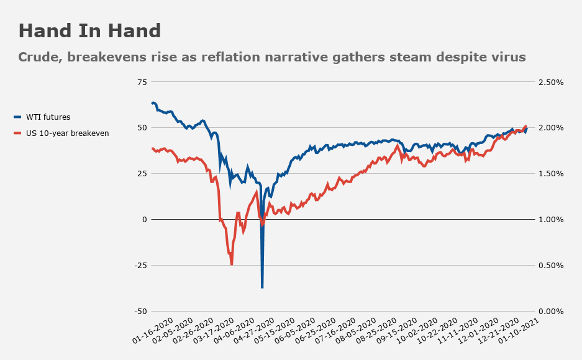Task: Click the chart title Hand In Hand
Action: (x=89, y=31)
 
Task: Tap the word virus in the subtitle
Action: (x=506, y=57)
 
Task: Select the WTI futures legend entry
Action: (x=48, y=117)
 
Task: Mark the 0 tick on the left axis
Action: (x=143, y=220)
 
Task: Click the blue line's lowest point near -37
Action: (x=262, y=287)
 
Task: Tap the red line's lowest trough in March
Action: (x=232, y=264)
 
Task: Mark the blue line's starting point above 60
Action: (x=153, y=102)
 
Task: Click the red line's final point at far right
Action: (x=526, y=127)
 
